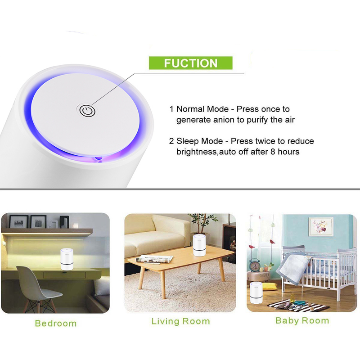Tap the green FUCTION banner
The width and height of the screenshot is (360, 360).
click(190, 63)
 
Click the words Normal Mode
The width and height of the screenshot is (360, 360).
click(202, 109)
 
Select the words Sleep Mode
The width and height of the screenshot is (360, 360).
click(199, 141)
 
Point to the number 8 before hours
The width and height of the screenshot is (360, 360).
click(273, 152)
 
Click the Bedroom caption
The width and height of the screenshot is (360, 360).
click(56, 323)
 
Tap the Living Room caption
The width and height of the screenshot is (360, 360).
click(181, 321)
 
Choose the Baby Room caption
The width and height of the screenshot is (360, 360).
click(302, 320)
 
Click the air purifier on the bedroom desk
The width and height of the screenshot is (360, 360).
click(67, 259)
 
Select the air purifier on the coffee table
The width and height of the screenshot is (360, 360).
click(199, 245)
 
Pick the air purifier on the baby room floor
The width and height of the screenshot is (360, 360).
click(256, 292)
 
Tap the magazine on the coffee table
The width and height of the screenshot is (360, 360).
click(154, 259)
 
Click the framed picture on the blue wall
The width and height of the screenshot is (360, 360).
click(321, 227)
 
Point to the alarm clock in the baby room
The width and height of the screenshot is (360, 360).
click(255, 265)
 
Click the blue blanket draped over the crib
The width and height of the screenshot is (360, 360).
click(293, 268)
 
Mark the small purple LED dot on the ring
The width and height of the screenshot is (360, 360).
click(98, 158)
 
